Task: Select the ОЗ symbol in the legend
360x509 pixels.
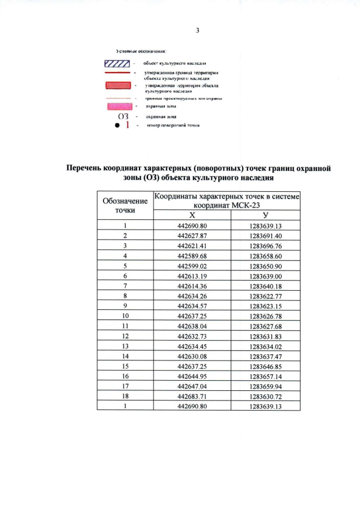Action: (123, 116)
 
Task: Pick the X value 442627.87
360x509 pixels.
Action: (192, 236)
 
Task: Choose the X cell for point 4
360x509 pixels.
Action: (192, 254)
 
